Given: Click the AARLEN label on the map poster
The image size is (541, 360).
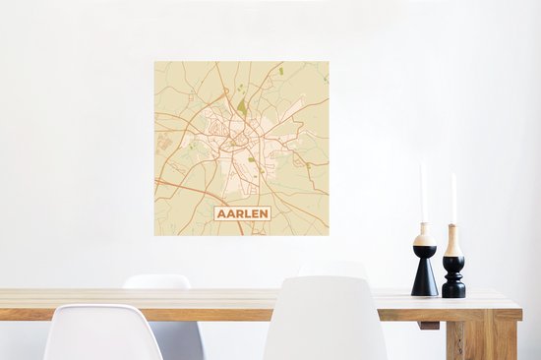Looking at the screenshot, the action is [x=242, y=212].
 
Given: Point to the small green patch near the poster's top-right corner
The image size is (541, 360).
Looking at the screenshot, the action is [x=281, y=71].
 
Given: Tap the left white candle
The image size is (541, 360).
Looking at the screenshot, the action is [x=422, y=194].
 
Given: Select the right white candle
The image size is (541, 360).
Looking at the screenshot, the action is [x=453, y=200].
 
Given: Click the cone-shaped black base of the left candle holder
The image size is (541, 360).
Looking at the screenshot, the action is [x=424, y=272].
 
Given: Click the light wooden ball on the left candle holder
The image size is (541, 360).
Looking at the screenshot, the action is [x=424, y=239].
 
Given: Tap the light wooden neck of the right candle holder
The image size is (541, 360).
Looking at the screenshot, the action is [x=453, y=242].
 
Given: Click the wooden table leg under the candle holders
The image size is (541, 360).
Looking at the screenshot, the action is [x=473, y=339].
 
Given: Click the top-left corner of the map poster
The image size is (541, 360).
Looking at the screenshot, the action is [x=154, y=62].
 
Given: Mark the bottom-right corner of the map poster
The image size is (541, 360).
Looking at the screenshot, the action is [x=329, y=235].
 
